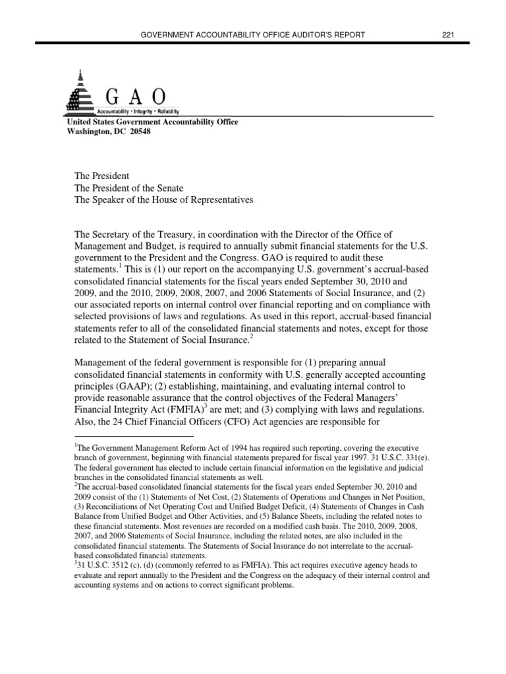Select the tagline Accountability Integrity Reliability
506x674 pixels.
coord(138,112)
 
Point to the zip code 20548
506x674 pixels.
coord(138,130)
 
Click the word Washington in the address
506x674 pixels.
coord(89,130)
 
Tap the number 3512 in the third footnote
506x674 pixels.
coord(111,565)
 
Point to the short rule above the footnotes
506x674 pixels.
coord(132,436)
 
